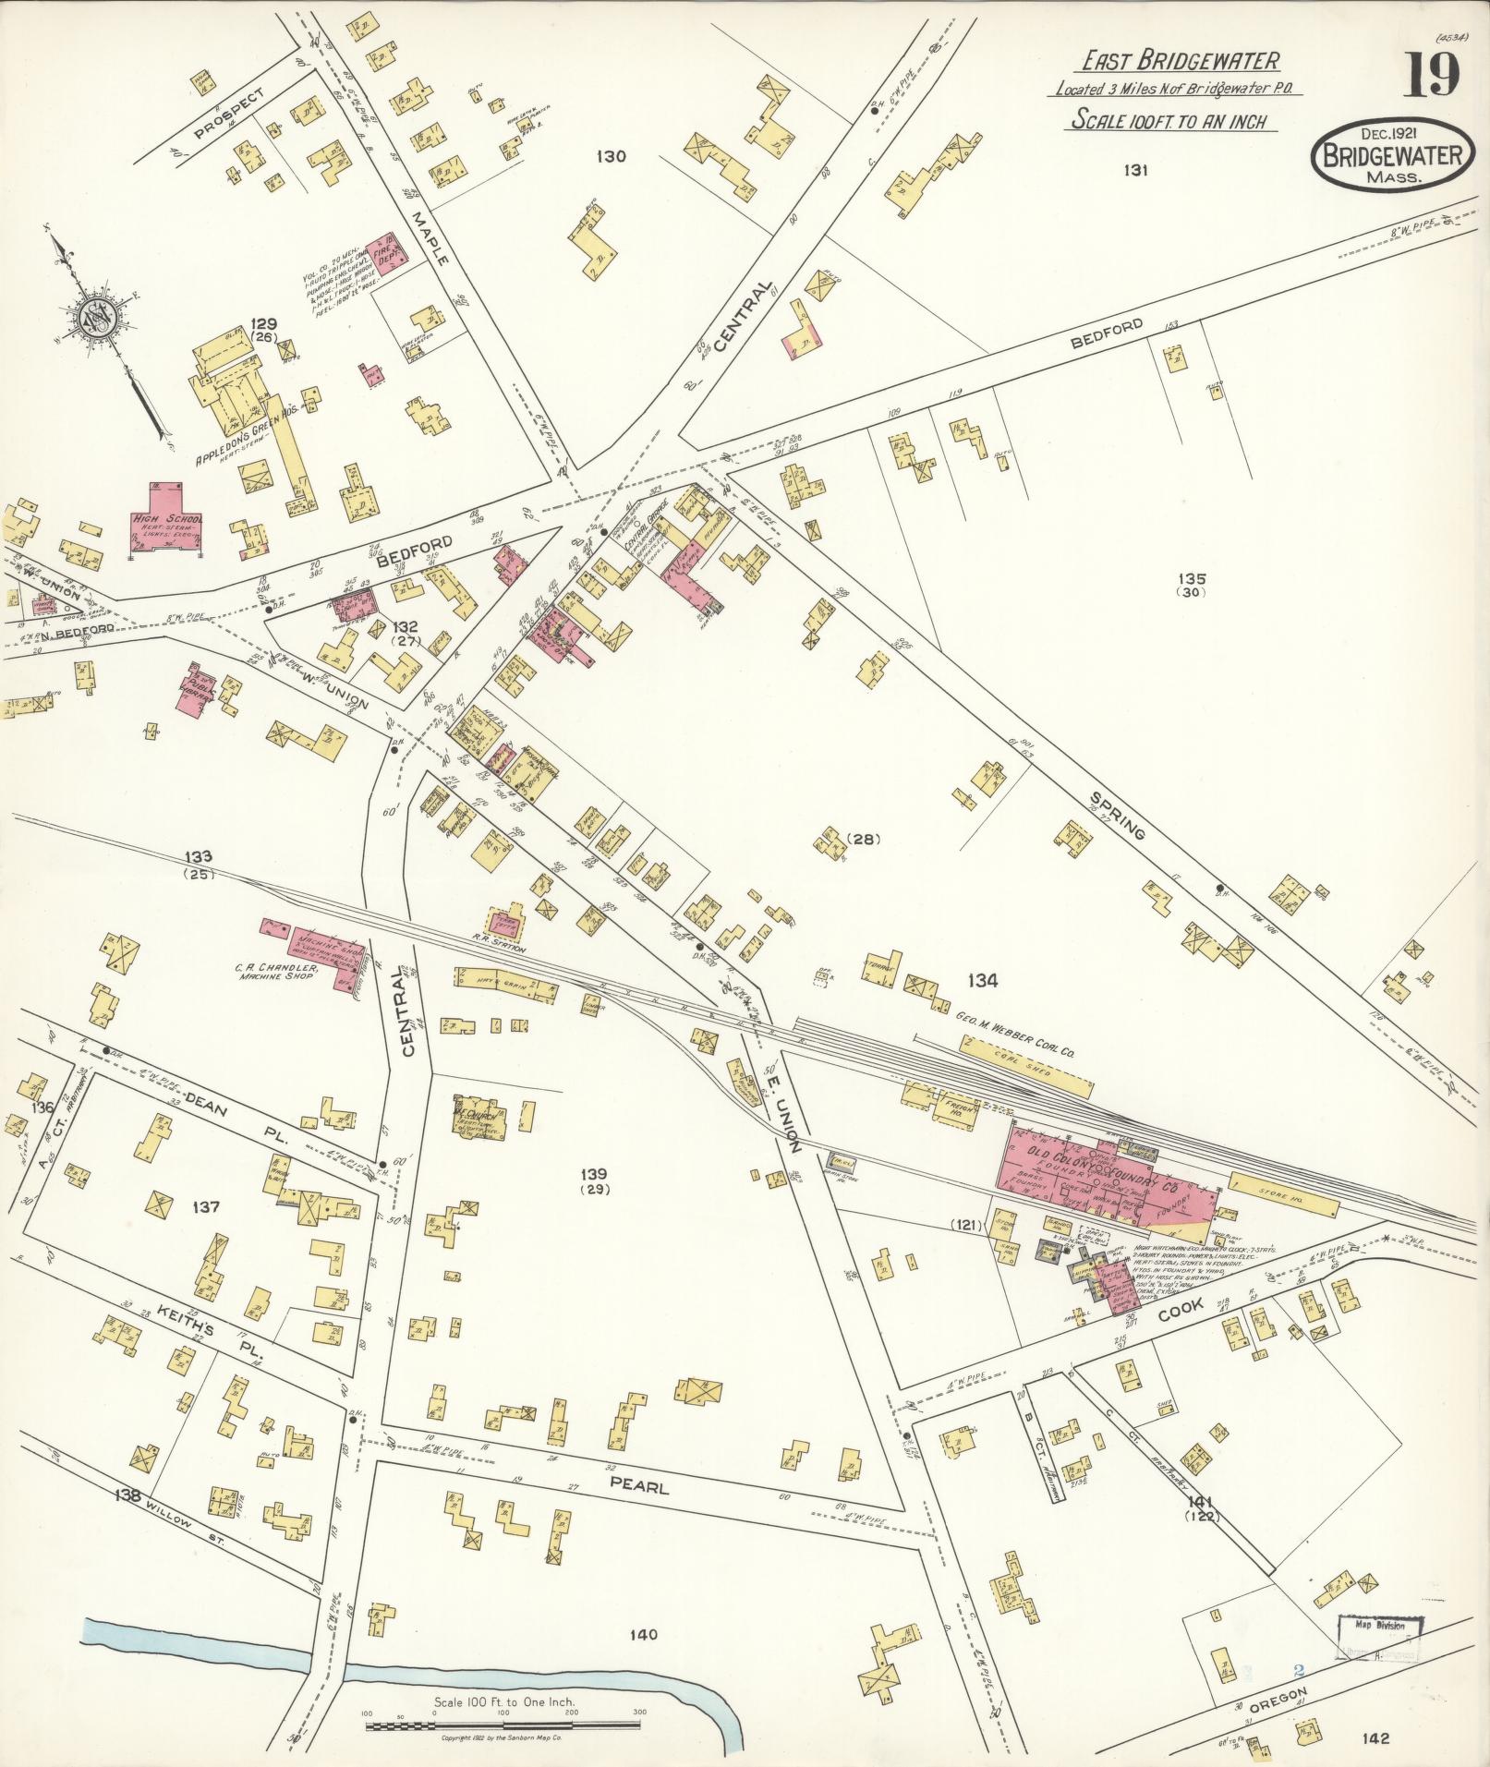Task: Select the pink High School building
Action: [165, 522]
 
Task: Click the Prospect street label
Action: [229, 115]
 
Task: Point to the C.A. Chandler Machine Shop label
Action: [277, 972]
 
